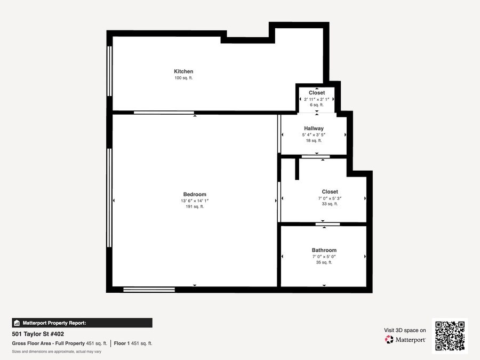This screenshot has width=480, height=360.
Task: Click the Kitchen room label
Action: point(183,71)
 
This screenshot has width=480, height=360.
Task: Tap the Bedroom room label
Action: point(195,194)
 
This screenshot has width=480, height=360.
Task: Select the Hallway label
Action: point(314,129)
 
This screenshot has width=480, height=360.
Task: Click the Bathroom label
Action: point(324,250)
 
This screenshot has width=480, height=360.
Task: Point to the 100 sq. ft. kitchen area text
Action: point(183,78)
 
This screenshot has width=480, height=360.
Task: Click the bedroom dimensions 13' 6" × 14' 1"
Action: point(195,201)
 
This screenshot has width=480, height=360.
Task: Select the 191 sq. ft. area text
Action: point(195,206)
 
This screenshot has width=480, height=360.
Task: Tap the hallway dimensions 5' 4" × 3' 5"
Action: point(314,135)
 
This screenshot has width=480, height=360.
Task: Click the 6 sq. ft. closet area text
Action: point(317,105)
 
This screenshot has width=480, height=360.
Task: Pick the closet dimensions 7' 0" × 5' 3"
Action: point(330,198)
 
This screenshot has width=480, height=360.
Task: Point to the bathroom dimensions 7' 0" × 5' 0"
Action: point(324,257)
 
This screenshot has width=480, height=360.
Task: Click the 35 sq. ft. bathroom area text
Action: point(324,262)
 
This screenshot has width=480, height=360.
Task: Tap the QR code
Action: point(450,336)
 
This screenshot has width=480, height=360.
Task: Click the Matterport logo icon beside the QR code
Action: point(389,340)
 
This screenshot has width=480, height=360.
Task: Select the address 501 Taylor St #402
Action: point(38,334)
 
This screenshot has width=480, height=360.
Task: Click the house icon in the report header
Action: point(17,323)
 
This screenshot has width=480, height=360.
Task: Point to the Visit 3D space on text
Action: point(405,330)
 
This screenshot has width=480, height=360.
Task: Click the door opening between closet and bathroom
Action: point(327,225)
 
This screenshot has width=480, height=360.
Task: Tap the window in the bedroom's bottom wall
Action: point(149,290)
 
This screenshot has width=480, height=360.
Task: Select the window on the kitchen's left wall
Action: point(109,71)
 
